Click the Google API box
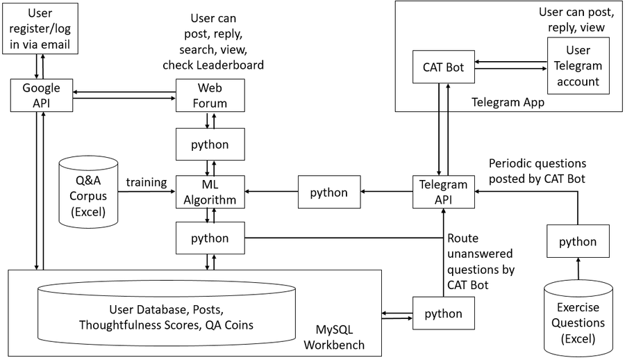tap(41, 96)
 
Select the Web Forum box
tap(210, 96)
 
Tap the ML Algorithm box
tap(210, 193)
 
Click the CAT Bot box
tap(443, 68)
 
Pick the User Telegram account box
tap(578, 66)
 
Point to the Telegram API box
tap(443, 193)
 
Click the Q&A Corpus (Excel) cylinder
tap(87, 193)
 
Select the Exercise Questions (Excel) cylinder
tap(578, 316)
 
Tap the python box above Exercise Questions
tap(578, 241)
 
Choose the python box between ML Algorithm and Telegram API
tap(329, 193)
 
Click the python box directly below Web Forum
tap(210, 145)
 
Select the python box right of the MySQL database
tap(443, 313)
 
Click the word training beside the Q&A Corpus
tap(147, 182)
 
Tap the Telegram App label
tap(507, 102)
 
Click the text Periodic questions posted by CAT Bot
tap(537, 170)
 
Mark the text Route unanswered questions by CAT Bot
tap(481, 261)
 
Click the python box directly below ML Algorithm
tap(210, 238)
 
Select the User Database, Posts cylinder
tap(166, 316)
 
